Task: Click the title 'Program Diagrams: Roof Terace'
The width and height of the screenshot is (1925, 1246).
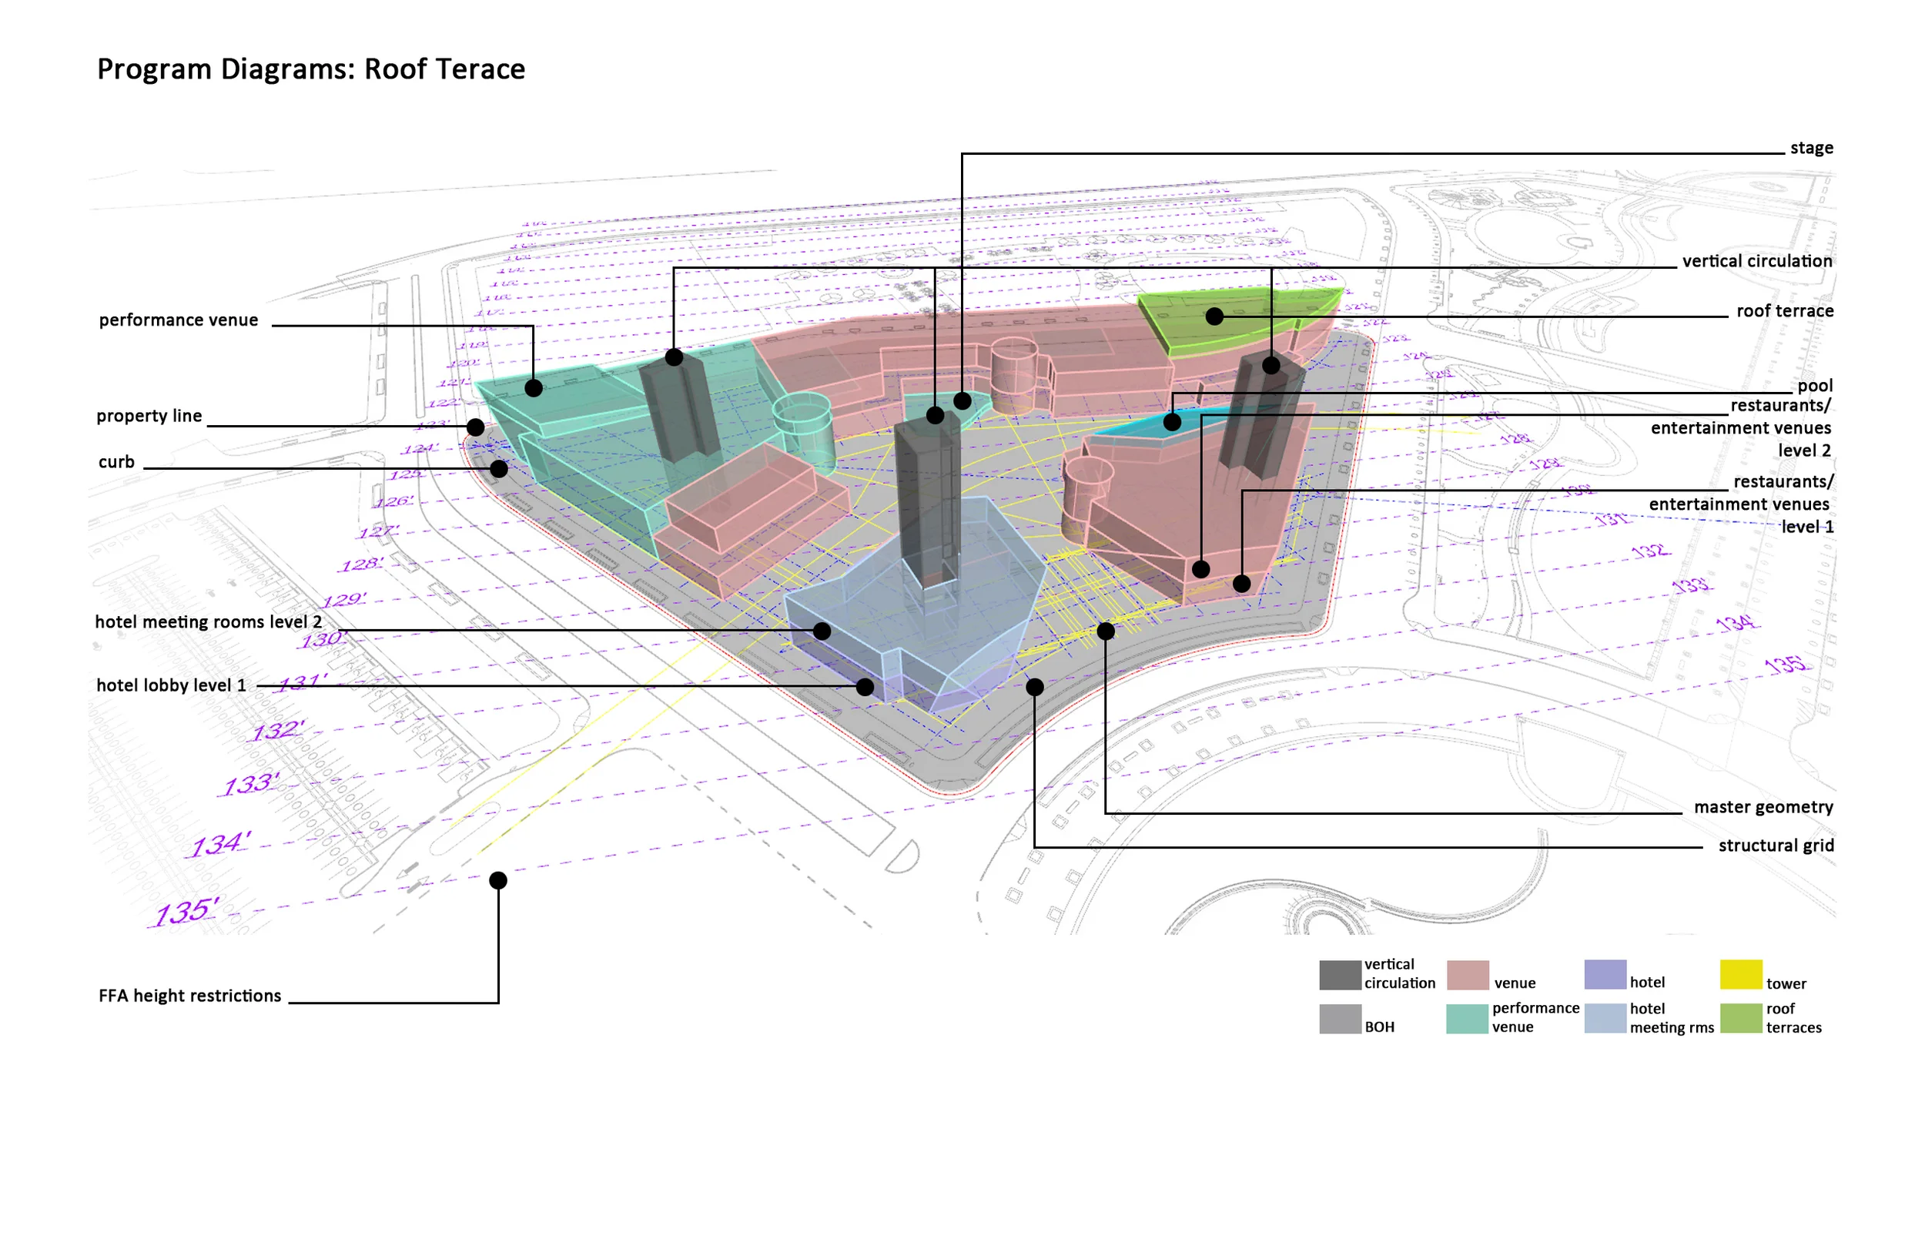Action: pyautogui.click(x=310, y=69)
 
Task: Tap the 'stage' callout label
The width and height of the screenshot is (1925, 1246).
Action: pyautogui.click(x=1811, y=148)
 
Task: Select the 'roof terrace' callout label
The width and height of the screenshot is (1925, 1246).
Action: pyautogui.click(x=1784, y=311)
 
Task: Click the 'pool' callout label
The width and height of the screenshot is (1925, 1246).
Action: pyautogui.click(x=1815, y=386)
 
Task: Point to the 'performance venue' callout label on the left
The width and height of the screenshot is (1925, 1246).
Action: pyautogui.click(x=179, y=320)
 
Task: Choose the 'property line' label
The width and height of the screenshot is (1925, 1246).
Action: pyautogui.click(x=149, y=416)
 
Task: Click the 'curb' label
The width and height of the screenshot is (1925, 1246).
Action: pyautogui.click(x=116, y=462)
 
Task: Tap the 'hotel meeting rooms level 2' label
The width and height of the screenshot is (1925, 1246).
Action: pyautogui.click(x=208, y=622)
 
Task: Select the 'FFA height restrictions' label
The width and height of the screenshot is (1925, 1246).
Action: pyautogui.click(x=189, y=996)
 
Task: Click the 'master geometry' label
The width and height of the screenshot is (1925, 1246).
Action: pyautogui.click(x=1763, y=808)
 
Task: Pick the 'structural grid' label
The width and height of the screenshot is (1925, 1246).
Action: pyautogui.click(x=1776, y=846)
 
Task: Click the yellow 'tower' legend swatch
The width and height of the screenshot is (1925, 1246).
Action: pyautogui.click(x=1741, y=975)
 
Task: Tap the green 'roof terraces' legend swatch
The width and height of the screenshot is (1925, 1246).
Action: pyautogui.click(x=1741, y=1019)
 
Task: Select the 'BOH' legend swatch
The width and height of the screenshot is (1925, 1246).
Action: pyautogui.click(x=1341, y=1020)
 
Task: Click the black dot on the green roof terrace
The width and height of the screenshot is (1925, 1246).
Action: pyautogui.click(x=1214, y=317)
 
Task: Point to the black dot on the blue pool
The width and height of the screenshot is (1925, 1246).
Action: pyautogui.click(x=1172, y=421)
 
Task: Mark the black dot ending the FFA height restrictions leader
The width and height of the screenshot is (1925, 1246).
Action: pyautogui.click(x=498, y=880)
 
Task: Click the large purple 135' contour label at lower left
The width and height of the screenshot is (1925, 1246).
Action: pyautogui.click(x=186, y=912)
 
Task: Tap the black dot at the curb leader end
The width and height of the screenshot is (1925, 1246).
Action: pyautogui.click(x=499, y=468)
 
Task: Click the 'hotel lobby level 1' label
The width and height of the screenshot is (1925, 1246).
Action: pyautogui.click(x=171, y=685)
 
